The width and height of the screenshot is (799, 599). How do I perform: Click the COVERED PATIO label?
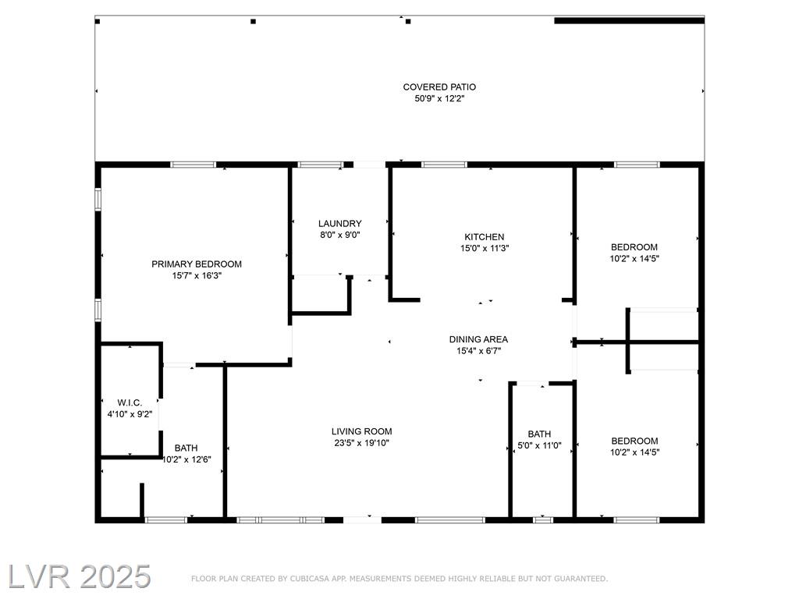439,87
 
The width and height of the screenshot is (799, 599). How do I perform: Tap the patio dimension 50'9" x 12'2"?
439,98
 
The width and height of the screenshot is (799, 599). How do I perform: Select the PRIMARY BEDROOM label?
197,264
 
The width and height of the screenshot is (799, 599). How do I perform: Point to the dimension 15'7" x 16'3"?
197,275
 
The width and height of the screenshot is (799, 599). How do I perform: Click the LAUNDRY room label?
340,223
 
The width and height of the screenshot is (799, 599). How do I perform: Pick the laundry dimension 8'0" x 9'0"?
340,235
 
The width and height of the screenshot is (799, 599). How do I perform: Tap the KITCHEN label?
484,237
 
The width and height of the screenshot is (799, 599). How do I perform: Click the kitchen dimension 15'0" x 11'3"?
484,248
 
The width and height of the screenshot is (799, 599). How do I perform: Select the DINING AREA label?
478,339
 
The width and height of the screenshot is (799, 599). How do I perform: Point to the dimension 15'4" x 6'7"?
478,350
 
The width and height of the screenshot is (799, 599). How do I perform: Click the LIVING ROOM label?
362,431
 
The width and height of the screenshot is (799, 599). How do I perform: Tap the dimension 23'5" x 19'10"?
362,443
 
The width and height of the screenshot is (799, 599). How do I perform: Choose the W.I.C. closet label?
130,403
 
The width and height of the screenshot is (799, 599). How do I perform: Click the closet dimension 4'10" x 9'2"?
130,414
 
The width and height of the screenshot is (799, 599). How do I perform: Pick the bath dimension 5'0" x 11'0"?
539,445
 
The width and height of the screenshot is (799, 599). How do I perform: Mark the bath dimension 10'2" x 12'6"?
186,459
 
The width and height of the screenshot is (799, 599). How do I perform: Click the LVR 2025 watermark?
79,576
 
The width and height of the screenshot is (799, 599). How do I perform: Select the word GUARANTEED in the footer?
581,579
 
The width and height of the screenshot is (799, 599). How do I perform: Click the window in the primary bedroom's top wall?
194,165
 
